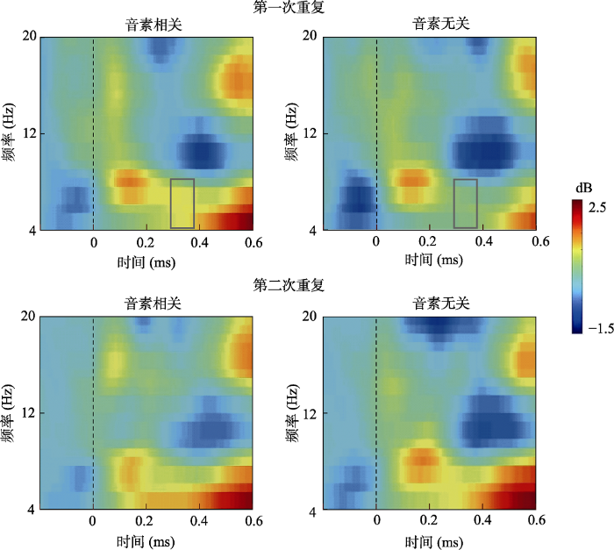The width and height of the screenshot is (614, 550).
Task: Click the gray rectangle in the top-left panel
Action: click(x=182, y=204)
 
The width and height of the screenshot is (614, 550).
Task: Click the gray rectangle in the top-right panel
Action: click(x=465, y=204)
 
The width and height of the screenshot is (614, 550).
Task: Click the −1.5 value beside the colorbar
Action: click(x=598, y=328)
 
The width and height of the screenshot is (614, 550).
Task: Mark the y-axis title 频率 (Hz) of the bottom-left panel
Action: click(x=9, y=412)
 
